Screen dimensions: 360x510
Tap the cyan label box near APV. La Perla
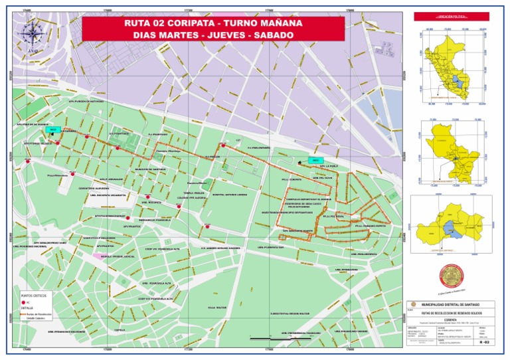click(315, 160)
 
